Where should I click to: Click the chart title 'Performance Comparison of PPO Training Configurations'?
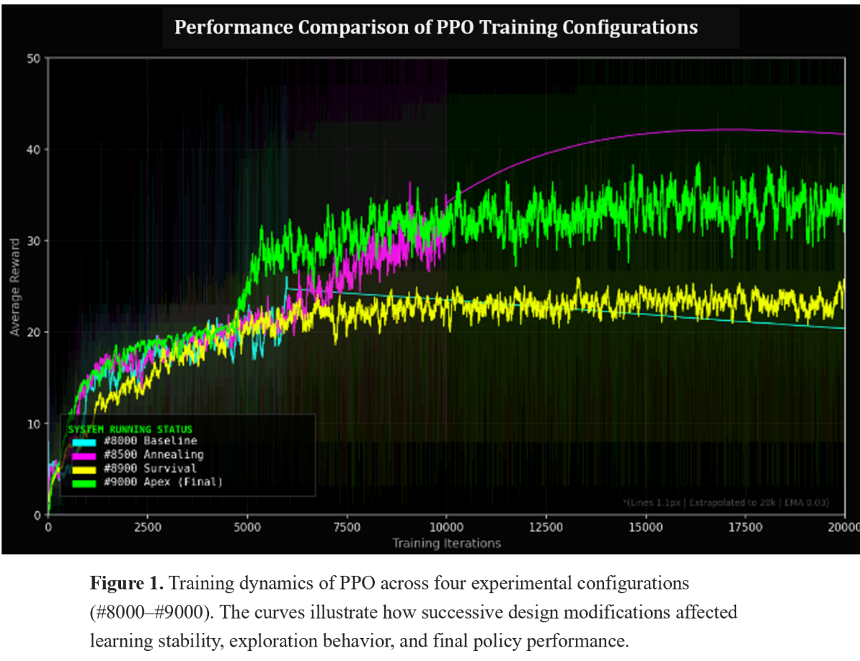[x=436, y=28]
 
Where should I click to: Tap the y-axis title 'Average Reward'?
[x=14, y=286]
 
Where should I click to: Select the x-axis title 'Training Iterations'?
[x=446, y=543]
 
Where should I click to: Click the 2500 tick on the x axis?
[x=147, y=527]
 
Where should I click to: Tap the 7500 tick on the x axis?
[x=347, y=527]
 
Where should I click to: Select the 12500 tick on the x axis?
[x=546, y=527]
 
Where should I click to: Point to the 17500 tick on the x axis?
[x=745, y=527]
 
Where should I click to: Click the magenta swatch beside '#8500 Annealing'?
[x=84, y=455]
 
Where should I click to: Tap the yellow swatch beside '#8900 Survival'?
[x=84, y=469]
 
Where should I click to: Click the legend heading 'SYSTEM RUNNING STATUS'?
[x=130, y=429]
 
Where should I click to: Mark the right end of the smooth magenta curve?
[x=843, y=134]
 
